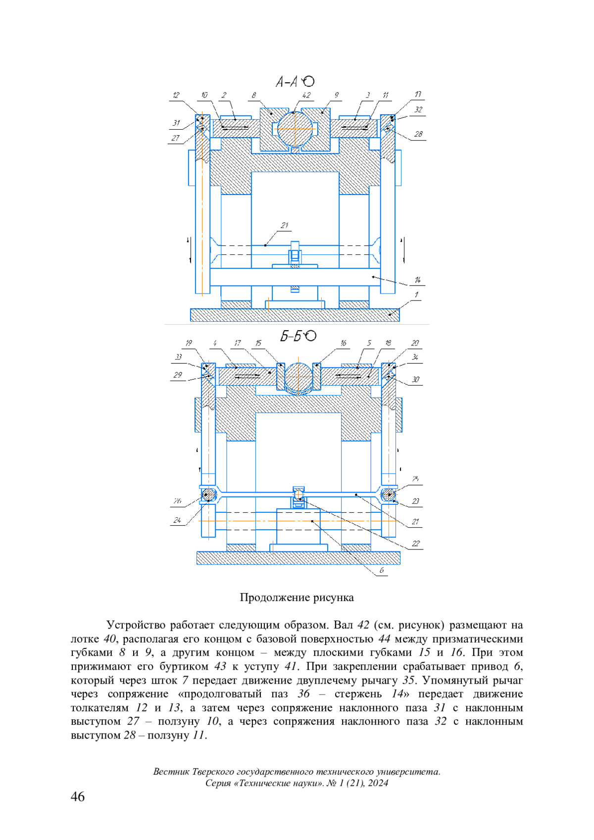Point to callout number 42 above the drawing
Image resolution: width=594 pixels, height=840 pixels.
306,95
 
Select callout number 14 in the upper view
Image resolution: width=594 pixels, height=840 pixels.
417,280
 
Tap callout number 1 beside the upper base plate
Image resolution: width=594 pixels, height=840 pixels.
416,295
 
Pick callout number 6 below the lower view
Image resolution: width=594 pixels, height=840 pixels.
382,570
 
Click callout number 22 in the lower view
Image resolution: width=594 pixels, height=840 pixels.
416,544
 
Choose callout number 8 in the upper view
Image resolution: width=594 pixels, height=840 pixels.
254,95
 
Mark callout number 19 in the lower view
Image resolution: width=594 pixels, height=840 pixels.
189,343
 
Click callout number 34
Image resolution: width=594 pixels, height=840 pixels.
415,357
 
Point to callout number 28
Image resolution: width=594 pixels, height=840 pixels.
418,134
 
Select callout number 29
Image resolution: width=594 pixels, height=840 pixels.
178,375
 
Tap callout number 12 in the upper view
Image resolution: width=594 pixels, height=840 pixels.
176,95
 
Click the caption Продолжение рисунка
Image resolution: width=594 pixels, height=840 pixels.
297,597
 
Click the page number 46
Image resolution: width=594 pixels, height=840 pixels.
78,796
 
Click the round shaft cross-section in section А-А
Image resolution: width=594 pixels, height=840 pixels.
296,129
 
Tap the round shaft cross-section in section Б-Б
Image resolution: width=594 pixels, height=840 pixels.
298,378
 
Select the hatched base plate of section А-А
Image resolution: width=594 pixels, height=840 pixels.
295,315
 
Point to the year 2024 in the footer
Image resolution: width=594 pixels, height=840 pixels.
378,783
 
